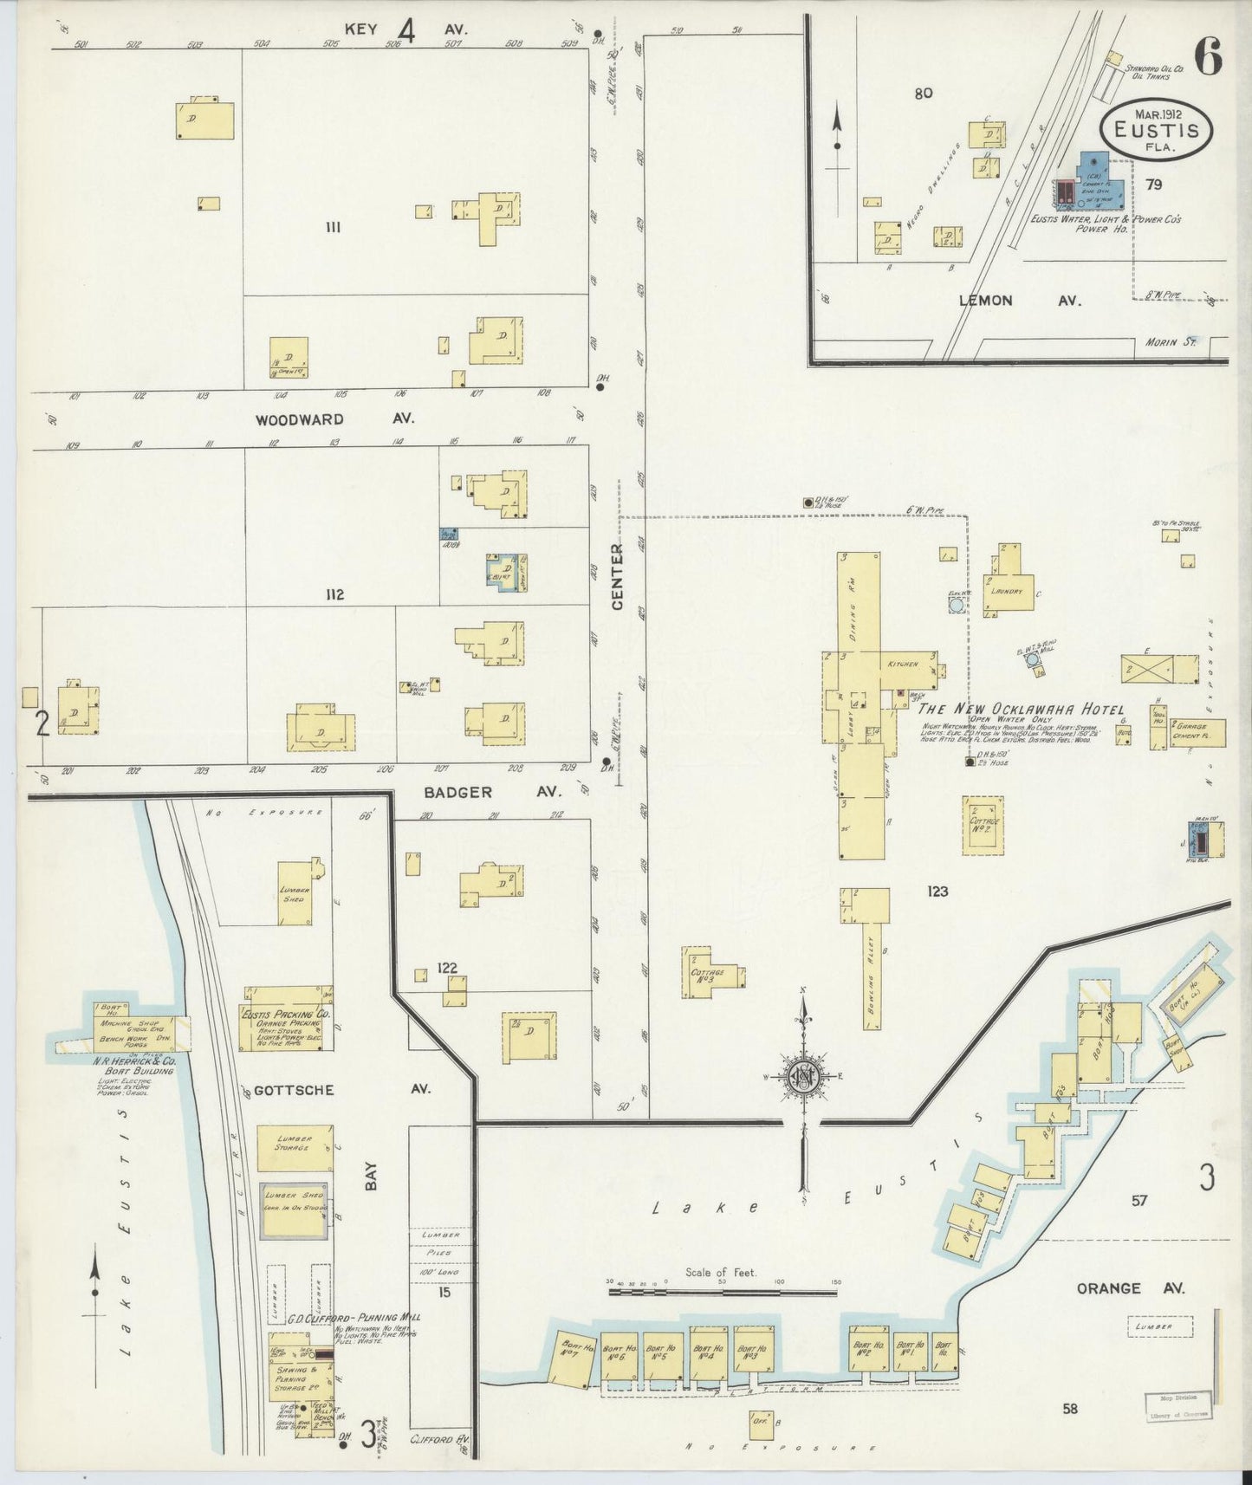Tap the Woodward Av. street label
(334, 418)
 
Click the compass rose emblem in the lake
(803, 1077)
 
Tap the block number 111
(330, 228)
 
